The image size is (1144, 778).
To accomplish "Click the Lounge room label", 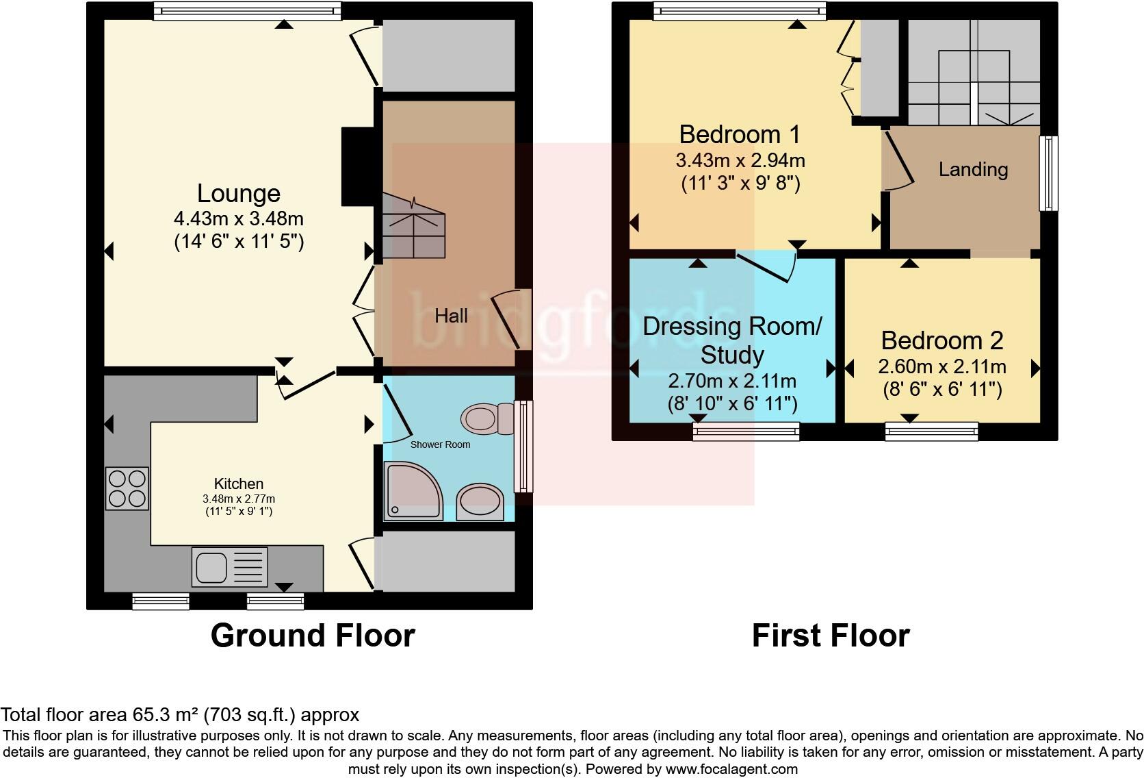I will click(238, 194).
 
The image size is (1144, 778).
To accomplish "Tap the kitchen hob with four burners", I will click(127, 488).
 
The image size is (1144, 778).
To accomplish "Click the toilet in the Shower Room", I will click(487, 418).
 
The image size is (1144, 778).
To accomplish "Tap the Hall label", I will click(451, 316).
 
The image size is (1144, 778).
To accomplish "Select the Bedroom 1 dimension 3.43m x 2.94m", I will click(740, 161).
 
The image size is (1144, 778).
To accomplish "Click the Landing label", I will click(972, 169).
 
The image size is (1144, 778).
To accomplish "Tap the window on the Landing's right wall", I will click(1048, 173).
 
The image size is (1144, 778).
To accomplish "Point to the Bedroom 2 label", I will click(941, 340).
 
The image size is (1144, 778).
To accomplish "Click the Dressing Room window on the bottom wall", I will click(746, 431).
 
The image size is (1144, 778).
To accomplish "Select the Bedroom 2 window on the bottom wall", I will click(931, 431).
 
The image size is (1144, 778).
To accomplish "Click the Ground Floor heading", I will click(313, 636).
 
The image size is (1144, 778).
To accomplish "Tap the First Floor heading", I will click(830, 636).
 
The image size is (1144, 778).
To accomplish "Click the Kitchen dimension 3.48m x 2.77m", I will click(238, 499).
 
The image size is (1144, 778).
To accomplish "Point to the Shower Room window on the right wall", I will click(523, 447).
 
